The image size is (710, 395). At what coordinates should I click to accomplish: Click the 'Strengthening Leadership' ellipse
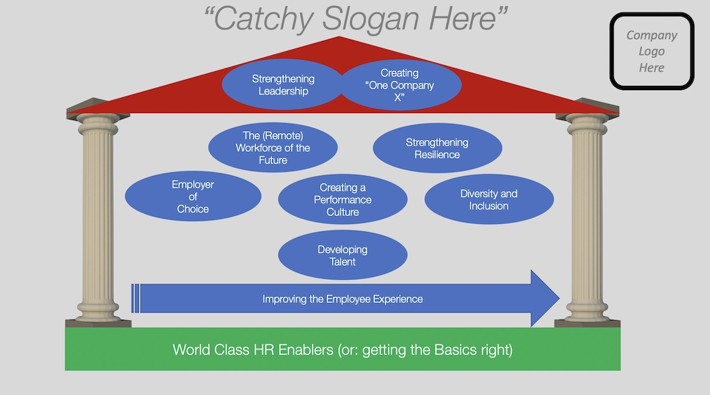(283, 85)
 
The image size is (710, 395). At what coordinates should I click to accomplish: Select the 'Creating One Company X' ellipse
(400, 85)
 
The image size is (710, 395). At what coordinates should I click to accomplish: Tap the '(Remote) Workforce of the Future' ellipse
(273, 147)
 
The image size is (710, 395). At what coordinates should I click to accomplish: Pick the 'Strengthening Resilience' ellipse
(437, 148)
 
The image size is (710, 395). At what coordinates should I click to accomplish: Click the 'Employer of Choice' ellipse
(193, 197)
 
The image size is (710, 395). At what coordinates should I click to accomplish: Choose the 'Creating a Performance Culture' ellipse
(343, 200)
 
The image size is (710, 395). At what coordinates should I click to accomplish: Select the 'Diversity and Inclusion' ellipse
(489, 200)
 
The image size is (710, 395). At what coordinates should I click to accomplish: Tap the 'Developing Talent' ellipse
(343, 256)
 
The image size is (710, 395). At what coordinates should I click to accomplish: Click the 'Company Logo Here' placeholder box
(651, 52)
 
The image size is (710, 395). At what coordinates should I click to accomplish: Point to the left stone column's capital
(98, 120)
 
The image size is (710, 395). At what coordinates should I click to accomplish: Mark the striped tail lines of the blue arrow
(136, 299)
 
